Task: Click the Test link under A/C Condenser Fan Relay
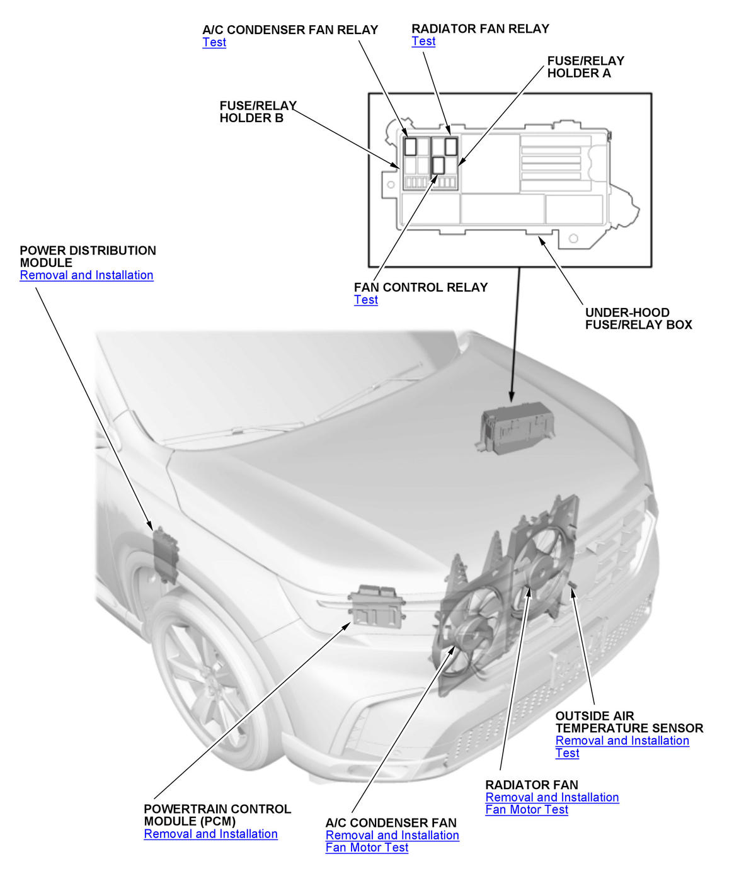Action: tap(214, 42)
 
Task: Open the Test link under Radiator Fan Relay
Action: tap(423, 41)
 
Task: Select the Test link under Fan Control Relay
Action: tap(366, 300)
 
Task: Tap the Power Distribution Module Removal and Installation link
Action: tap(86, 275)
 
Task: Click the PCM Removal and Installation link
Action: tap(210, 834)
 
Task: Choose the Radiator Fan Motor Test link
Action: tap(527, 810)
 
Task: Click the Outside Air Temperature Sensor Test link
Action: tap(567, 753)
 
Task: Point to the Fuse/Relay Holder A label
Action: tap(586, 67)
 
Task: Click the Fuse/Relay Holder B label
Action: tap(258, 111)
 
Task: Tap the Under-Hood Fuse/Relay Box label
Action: tap(638, 319)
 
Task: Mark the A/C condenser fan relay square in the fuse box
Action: tap(410, 147)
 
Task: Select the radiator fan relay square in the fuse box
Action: tap(450, 147)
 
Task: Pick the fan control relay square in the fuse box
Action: tap(438, 166)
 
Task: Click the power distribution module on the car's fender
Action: tap(165, 555)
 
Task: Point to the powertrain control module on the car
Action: tap(376, 606)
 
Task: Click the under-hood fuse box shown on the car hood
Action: tap(514, 428)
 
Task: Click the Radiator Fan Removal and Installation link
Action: tap(552, 797)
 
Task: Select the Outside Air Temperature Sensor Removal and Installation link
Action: tap(622, 741)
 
